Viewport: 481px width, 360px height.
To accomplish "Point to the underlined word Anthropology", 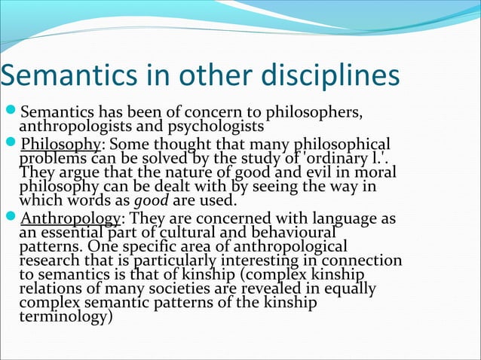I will coord(69,219).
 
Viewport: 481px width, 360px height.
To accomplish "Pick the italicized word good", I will coord(146,200).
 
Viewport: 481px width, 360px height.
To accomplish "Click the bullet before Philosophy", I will coord(9,145).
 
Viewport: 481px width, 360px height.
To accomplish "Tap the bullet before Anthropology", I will coord(9,219).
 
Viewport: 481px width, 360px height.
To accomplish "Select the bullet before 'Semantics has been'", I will coord(9,113).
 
